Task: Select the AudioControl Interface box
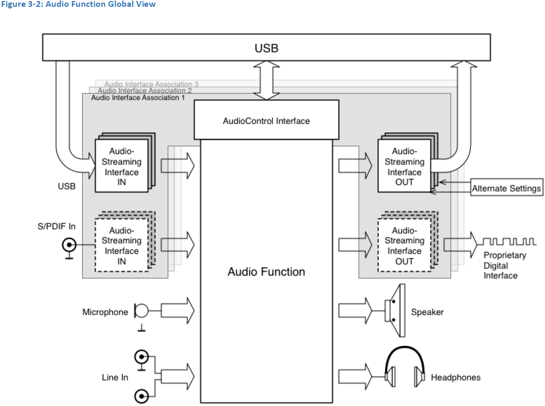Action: tap(266, 120)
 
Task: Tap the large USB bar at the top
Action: tap(266, 48)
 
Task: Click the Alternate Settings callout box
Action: tap(506, 188)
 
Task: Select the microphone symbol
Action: tap(141, 312)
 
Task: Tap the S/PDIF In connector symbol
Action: tap(68, 244)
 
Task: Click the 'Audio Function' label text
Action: tap(266, 272)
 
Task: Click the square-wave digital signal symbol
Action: tap(509, 242)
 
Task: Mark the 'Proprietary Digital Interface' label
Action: tap(504, 265)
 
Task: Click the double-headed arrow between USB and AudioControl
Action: tap(266, 80)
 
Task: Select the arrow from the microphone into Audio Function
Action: tap(178, 311)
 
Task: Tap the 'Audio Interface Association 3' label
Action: tap(151, 84)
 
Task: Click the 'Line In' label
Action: tap(115, 377)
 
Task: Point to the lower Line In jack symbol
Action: tap(141, 396)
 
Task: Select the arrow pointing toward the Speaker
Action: tap(355, 311)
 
